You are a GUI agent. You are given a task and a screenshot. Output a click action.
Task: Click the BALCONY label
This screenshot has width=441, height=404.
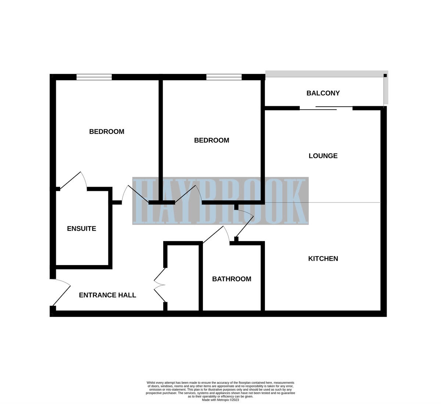pyautogui.click(x=323, y=93)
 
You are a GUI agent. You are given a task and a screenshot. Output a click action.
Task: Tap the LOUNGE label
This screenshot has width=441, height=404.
pyautogui.click(x=323, y=156)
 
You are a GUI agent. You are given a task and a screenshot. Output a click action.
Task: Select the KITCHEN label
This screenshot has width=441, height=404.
pyautogui.click(x=323, y=259)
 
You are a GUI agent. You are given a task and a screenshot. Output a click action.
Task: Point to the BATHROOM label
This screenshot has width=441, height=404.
pyautogui.click(x=232, y=279)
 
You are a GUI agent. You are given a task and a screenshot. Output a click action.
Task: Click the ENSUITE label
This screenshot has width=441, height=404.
pyautogui.click(x=82, y=229)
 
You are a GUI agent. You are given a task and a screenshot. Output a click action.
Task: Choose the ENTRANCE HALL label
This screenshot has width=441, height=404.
pyautogui.click(x=107, y=295)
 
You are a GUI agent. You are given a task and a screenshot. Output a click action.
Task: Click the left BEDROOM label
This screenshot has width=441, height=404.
pyautogui.click(x=107, y=132)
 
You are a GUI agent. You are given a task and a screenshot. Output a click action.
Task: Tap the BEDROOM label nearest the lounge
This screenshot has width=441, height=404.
pyautogui.click(x=211, y=140)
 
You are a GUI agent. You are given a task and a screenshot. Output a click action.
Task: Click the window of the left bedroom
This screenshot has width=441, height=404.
pyautogui.click(x=94, y=77)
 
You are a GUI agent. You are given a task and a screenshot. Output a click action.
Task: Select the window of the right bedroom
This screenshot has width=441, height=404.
pyautogui.click(x=224, y=77)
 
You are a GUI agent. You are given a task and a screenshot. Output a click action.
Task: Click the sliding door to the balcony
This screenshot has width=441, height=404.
pyautogui.click(x=326, y=108)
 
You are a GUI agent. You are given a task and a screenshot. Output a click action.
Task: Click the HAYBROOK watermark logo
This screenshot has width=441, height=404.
pyautogui.click(x=220, y=201)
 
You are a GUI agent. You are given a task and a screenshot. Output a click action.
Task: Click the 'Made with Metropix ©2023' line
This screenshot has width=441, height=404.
pyautogui.click(x=220, y=400)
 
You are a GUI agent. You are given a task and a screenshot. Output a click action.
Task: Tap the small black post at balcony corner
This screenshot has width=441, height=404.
pyautogui.click(x=385, y=75)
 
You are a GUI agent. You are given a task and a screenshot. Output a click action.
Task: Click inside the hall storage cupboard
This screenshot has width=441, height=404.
pyautogui.click(x=183, y=279)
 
